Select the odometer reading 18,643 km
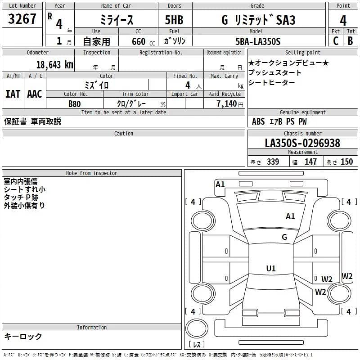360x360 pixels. [54, 65]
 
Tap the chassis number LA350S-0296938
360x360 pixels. [302, 143]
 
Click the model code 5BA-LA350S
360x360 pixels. [258, 41]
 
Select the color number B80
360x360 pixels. [74, 104]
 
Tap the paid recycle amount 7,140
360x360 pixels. [224, 104]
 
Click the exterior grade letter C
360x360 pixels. [336, 41]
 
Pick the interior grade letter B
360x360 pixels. [351, 41]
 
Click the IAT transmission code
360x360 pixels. [13, 94]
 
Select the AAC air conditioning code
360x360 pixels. [35, 94]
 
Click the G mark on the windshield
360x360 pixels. [284, 237]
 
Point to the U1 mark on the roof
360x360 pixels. [271, 269]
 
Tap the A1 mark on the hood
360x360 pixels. [291, 216]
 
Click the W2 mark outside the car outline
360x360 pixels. [347, 276]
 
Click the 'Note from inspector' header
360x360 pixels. [92, 173]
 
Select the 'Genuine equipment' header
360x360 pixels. [302, 112]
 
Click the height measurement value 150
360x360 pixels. [346, 162]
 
